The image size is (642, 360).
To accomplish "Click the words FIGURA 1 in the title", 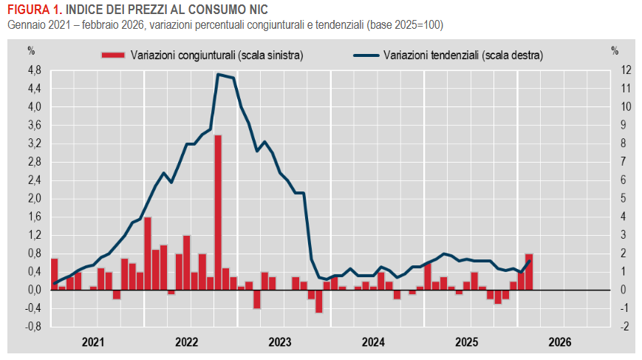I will click(30, 10).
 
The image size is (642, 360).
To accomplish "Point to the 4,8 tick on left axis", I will click(34, 70).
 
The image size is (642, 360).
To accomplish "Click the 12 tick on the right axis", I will click(626, 70).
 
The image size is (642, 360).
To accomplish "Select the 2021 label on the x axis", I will click(93, 342).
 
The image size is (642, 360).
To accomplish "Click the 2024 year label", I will click(374, 342).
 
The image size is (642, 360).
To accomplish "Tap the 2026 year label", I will click(560, 342).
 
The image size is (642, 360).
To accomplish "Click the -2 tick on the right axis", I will click(625, 327).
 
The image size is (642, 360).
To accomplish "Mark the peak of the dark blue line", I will click(218, 74).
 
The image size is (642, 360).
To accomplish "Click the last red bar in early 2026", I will click(529, 271).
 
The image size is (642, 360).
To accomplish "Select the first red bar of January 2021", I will click(54, 274).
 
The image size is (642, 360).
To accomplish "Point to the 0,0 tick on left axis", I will click(34, 290).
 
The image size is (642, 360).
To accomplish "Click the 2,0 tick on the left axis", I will click(34, 198).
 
